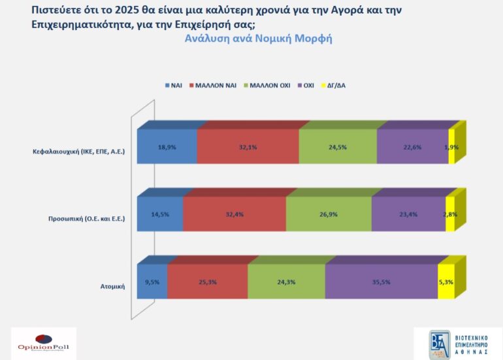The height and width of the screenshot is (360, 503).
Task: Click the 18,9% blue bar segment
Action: tap(167, 147)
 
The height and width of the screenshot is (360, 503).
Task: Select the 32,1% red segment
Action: tap(248, 147)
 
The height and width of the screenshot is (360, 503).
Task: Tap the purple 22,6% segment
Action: tap(412, 147)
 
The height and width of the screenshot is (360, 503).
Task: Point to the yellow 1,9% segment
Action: tap(451, 147)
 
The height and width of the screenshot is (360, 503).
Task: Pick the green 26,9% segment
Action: tap(329, 214)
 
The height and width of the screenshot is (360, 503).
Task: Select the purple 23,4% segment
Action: tap(408, 214)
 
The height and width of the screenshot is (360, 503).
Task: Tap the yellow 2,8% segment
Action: tap(450, 214)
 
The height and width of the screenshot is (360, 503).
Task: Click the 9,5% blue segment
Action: tap(152, 282)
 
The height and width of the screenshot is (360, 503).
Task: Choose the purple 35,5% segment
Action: tap(381, 282)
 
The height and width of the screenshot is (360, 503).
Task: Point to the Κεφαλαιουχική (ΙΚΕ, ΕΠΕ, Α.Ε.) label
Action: tap(79, 152)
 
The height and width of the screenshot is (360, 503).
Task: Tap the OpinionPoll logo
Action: tap(43, 343)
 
